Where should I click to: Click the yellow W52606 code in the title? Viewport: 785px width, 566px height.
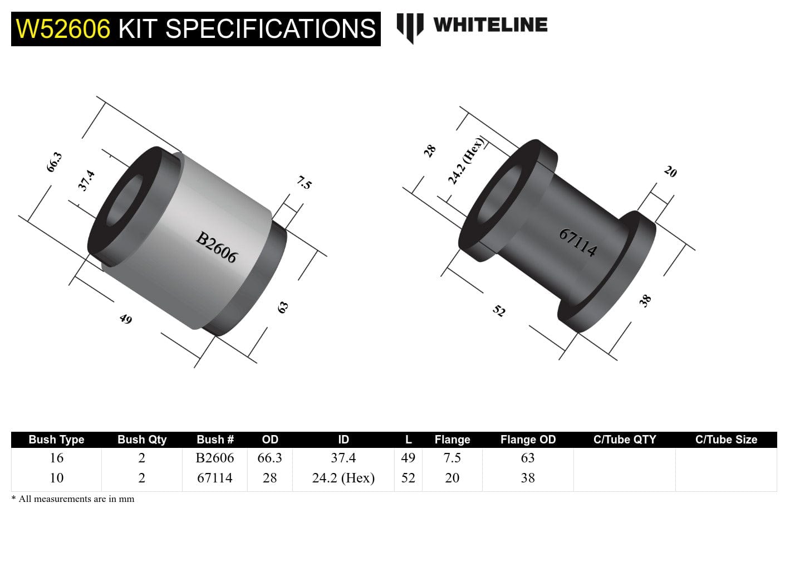[x=63, y=29]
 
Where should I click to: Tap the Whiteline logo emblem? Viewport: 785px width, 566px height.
[x=410, y=27]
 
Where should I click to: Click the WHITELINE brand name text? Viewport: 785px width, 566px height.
[x=490, y=25]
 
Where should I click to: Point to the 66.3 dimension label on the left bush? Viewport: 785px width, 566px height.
[x=54, y=162]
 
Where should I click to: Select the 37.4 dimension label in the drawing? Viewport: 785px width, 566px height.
[x=86, y=180]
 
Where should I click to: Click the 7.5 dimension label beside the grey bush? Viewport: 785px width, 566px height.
[x=304, y=182]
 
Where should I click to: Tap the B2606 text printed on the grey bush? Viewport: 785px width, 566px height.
[x=217, y=247]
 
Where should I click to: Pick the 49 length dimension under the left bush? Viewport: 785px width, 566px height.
[x=126, y=319]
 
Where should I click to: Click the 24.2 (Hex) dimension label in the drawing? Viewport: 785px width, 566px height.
[x=466, y=160]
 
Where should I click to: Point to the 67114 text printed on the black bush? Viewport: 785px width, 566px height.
[x=578, y=242]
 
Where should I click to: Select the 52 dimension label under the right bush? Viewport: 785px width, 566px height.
[x=499, y=311]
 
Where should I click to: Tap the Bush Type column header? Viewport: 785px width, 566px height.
[x=56, y=440]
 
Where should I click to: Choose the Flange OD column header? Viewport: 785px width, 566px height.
[x=528, y=440]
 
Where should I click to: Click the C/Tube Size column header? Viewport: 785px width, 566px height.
[x=726, y=440]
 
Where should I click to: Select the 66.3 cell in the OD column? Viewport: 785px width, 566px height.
[x=269, y=458]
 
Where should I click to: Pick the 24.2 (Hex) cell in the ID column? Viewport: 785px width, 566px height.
[x=343, y=478]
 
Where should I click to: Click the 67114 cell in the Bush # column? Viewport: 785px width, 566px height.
[x=214, y=478]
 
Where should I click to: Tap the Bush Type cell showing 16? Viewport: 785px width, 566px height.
[x=56, y=458]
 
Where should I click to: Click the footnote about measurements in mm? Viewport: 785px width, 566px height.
[x=73, y=499]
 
